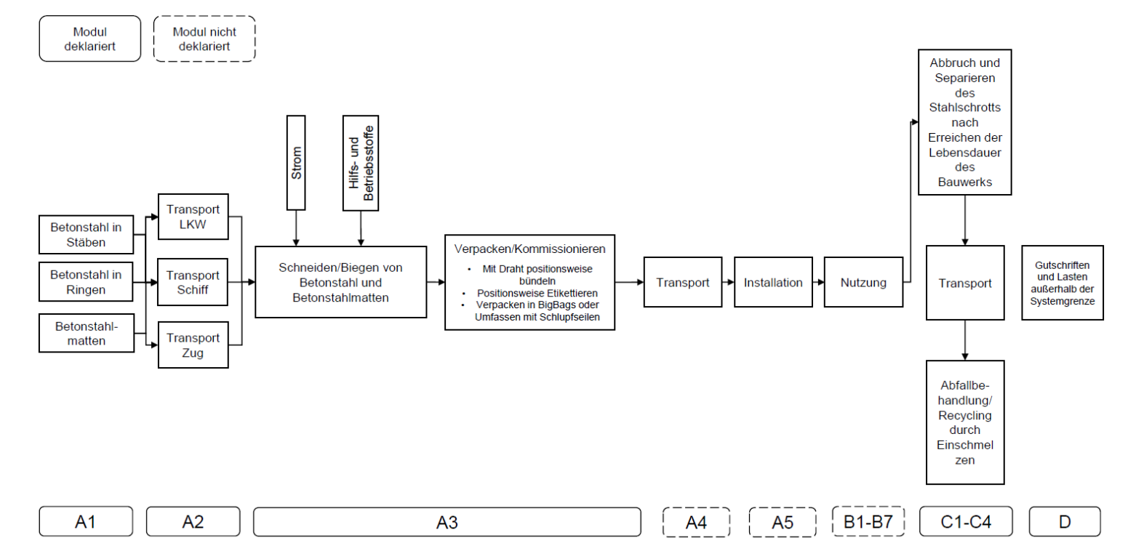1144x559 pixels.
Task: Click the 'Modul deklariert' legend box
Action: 89,39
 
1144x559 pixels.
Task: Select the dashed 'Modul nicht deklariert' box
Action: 204,39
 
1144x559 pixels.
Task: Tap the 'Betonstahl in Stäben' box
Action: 86,235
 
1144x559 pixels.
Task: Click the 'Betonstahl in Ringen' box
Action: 86,282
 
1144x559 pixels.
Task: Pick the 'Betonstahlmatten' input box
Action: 86,334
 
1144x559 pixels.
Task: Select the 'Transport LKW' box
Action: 193,217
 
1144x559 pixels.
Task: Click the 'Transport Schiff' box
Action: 193,282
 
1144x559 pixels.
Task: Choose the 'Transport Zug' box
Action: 193,345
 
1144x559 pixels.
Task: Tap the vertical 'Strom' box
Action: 296,163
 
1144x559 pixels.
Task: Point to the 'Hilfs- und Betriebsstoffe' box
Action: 361,163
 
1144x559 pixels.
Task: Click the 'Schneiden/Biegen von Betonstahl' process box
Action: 340,282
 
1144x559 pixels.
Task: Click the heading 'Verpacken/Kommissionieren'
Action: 529,249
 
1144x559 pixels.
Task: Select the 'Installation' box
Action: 773,282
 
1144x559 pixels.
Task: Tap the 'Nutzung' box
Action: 863,282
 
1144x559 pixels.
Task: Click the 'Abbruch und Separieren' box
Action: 964,122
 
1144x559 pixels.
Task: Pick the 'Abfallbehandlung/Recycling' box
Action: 964,422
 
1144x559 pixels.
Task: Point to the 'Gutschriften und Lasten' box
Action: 1062,283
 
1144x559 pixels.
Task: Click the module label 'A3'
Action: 447,522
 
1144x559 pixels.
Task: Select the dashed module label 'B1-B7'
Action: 868,522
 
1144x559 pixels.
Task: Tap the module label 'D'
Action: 1064,522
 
